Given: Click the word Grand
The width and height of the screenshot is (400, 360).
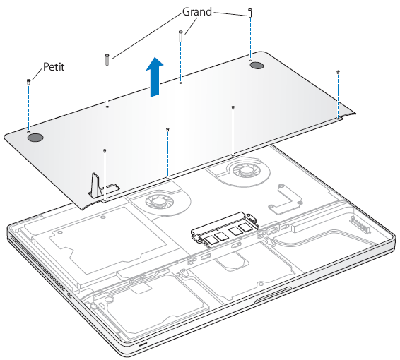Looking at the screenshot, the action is [x=197, y=12].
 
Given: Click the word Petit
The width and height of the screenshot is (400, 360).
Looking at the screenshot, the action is [x=54, y=67].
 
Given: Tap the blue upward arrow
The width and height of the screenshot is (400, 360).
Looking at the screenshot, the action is [x=155, y=77].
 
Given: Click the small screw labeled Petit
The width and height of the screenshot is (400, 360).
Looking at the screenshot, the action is [x=28, y=81].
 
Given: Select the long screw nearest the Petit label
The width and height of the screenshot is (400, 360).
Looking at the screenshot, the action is [x=107, y=59].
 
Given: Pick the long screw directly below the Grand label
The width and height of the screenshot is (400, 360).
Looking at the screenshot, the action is [x=181, y=36].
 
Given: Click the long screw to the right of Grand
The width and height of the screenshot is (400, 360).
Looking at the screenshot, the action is [x=250, y=13].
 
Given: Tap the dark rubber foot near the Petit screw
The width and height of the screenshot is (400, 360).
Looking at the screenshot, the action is [x=35, y=138].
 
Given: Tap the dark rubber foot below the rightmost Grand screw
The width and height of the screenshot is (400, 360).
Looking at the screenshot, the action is [x=257, y=65].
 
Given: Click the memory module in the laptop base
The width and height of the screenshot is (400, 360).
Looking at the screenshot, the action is [x=225, y=229].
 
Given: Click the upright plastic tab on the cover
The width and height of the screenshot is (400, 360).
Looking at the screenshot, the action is [x=95, y=185].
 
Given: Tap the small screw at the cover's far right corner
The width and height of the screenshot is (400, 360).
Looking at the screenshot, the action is [x=338, y=72].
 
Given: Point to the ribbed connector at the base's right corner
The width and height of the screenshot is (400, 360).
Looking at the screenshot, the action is [x=360, y=224].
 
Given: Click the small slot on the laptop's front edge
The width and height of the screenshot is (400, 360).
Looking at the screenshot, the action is [x=143, y=344].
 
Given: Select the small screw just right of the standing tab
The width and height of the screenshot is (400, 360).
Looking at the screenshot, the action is [x=105, y=151].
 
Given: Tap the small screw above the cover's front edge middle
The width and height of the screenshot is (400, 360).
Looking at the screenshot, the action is [x=167, y=129].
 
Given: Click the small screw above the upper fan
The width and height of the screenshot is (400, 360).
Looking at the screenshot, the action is [x=233, y=107].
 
